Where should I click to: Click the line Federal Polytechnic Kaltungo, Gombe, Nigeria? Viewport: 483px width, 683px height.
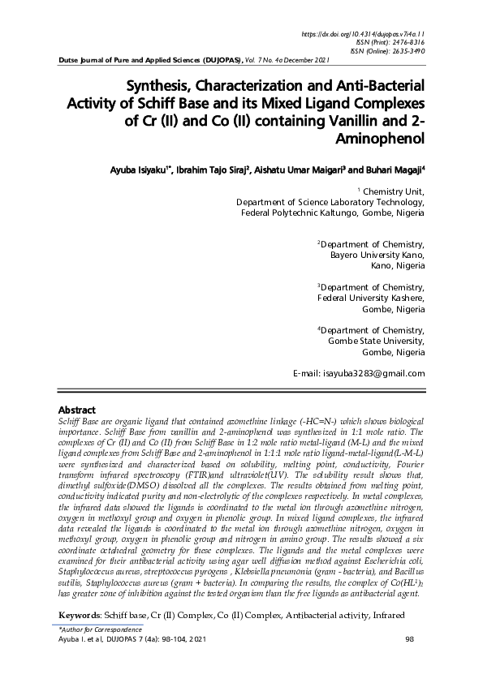333,213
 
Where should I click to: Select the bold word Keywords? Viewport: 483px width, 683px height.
82,616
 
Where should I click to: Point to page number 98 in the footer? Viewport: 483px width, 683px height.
409,640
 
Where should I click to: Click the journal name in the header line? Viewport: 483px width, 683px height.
153,61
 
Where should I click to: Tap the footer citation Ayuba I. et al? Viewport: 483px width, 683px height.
86,640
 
